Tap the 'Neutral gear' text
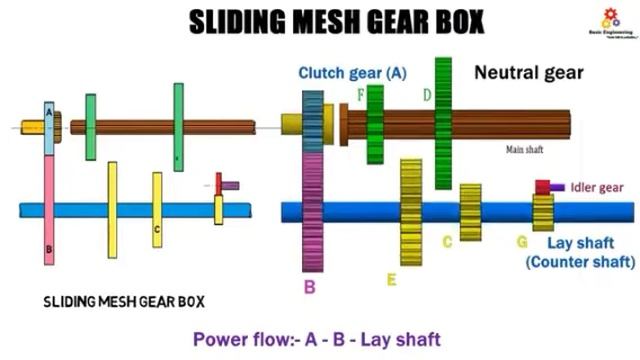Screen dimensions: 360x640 [528, 72]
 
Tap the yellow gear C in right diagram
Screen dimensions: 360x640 [470, 212]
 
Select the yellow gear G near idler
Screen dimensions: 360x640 [543, 212]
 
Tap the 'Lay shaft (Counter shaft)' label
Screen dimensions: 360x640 [580, 252]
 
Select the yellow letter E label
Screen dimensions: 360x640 [391, 280]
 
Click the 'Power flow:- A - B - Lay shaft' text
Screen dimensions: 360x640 [316, 338]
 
